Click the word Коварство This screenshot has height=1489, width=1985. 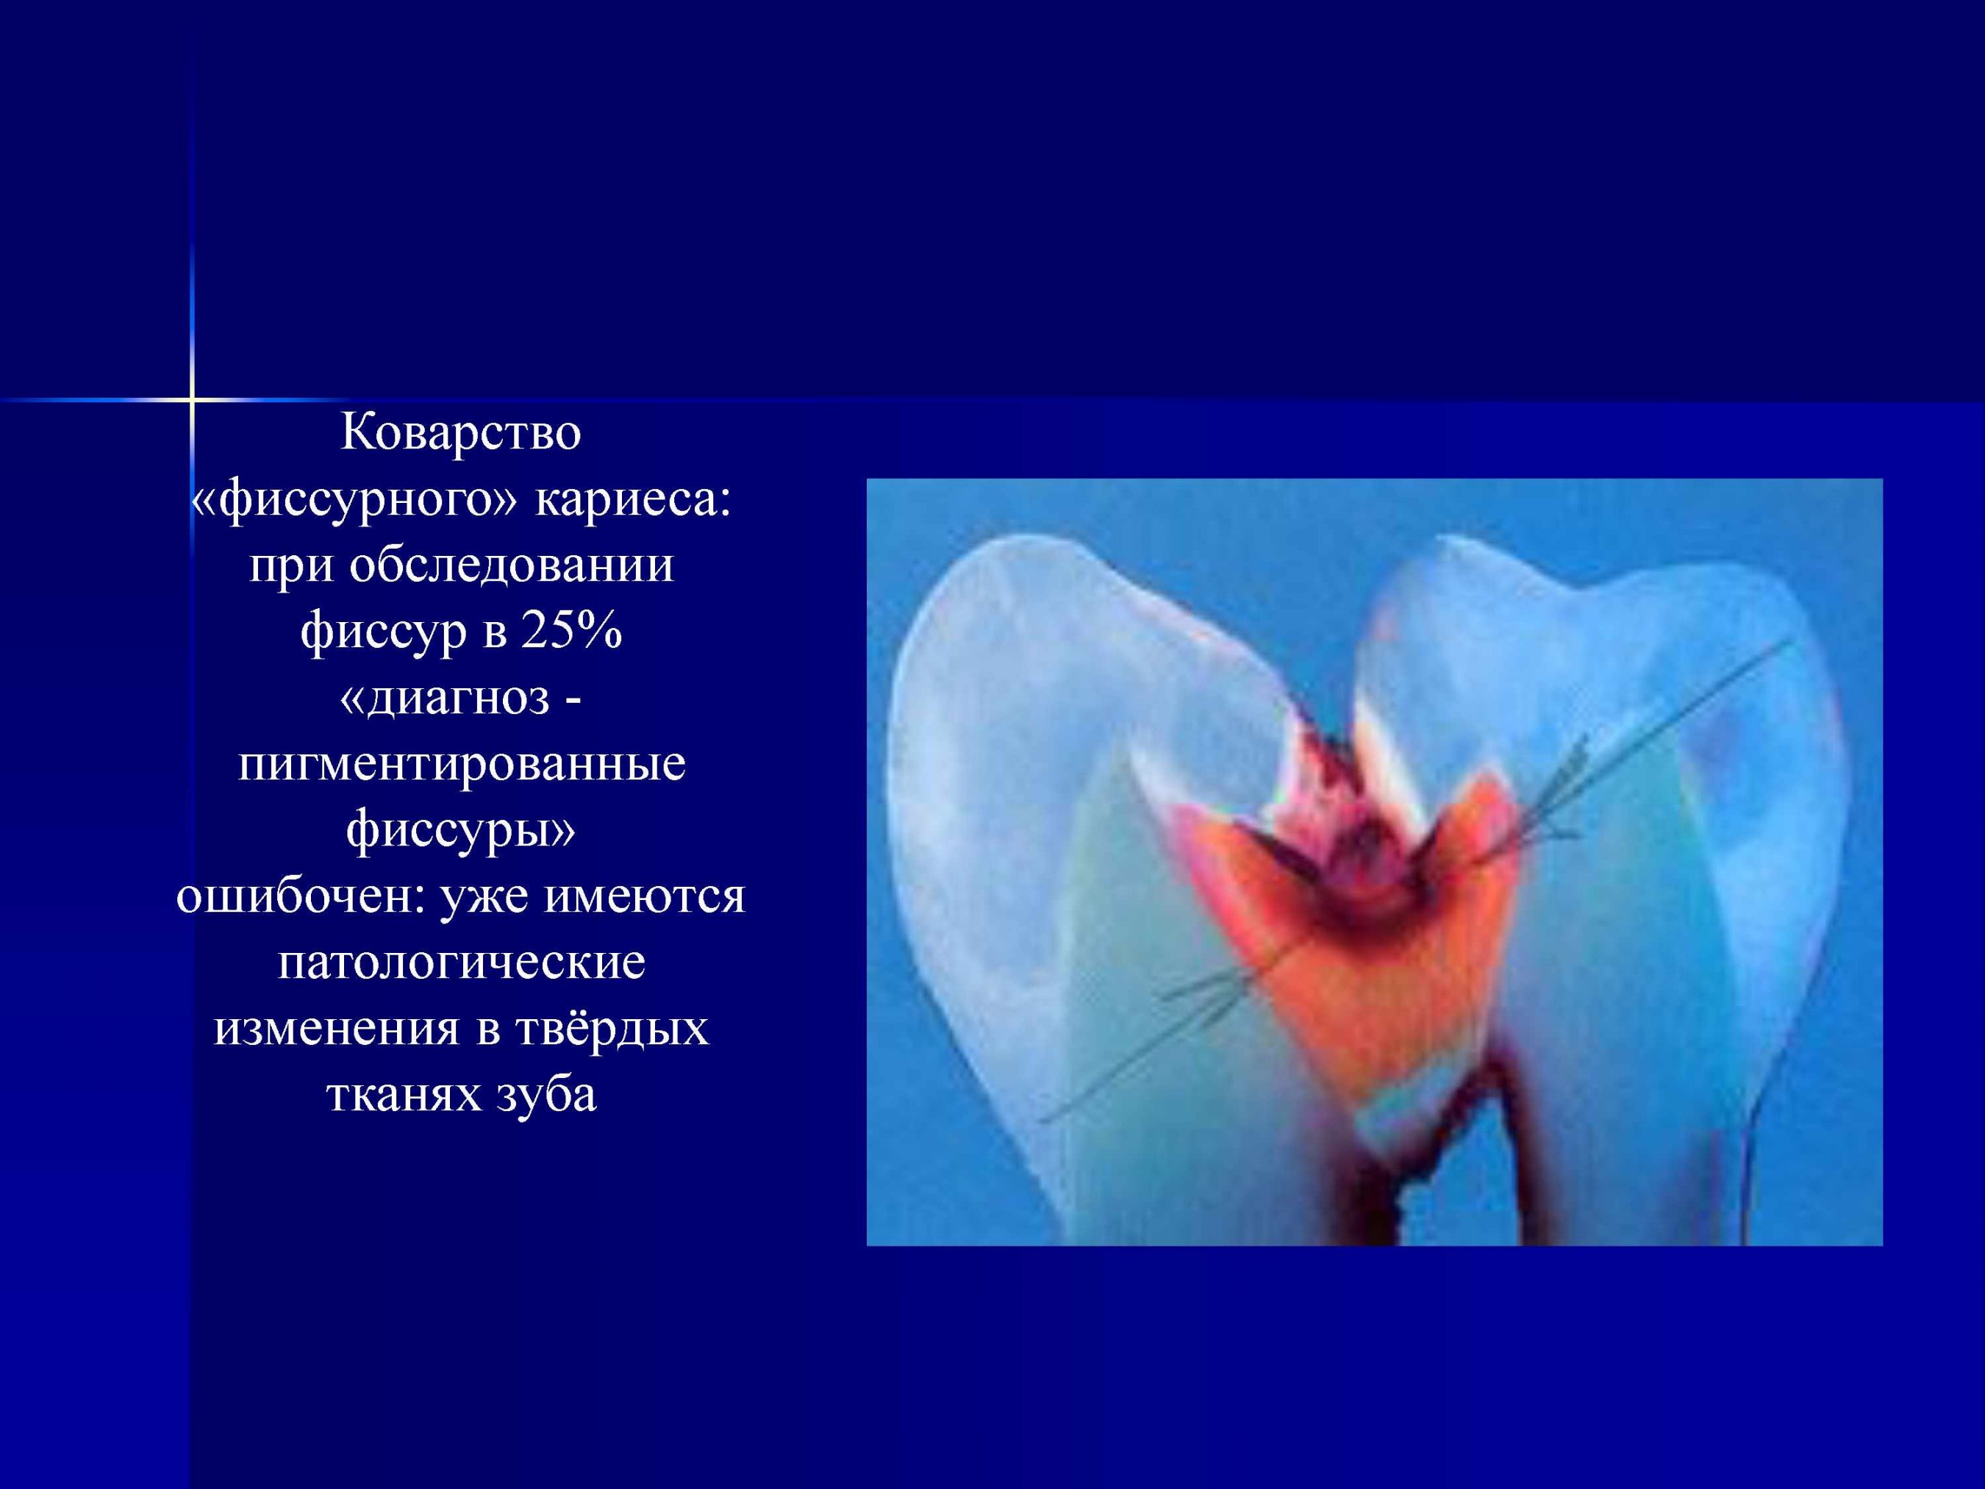point(461,432)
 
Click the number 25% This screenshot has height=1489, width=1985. point(572,632)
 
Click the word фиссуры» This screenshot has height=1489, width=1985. point(460,831)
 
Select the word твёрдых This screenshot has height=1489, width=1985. point(613,1029)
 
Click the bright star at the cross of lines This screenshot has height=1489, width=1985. point(192,398)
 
